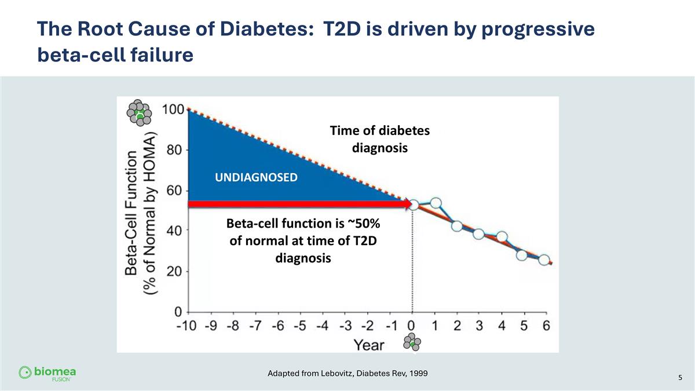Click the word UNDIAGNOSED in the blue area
[256, 177]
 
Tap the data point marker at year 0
[414, 204]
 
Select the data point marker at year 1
[436, 203]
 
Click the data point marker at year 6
[544, 260]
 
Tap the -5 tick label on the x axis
[300, 327]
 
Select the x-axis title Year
[369, 345]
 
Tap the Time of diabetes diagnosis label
[380, 140]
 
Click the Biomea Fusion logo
[47, 373]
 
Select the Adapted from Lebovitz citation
[348, 373]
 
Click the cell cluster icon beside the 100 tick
[140, 112]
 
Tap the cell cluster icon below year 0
[412, 342]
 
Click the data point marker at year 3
[478, 233]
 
